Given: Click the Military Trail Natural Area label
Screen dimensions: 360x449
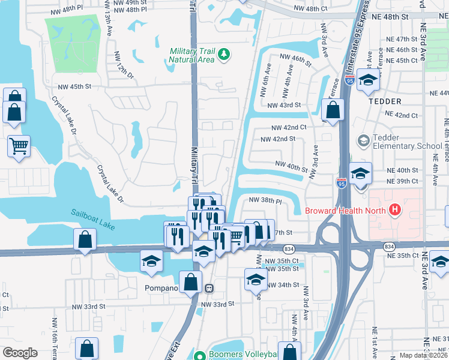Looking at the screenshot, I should [x=192, y=55].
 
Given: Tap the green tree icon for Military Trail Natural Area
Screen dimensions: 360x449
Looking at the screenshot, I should [x=224, y=55].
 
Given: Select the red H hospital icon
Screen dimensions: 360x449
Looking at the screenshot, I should [x=394, y=210].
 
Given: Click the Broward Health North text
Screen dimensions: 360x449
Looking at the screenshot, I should [x=346, y=210].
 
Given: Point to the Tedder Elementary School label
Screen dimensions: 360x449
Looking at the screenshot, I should [x=408, y=142].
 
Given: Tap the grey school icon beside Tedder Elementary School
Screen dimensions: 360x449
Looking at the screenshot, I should [x=363, y=141].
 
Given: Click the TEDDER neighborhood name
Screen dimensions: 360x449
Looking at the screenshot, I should [x=385, y=101].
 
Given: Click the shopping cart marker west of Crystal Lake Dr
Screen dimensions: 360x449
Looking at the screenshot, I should [x=19, y=145].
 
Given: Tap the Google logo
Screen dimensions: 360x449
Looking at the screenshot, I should [x=20, y=352].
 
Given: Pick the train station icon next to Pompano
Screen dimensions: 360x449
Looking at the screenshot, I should [x=208, y=287].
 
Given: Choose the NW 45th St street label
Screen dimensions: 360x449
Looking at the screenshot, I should [x=71, y=86].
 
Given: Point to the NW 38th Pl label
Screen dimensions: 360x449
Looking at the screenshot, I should [x=265, y=202].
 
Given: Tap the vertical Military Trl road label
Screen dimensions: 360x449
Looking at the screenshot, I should [x=194, y=163].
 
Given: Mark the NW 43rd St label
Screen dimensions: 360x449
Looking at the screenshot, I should [x=283, y=105].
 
